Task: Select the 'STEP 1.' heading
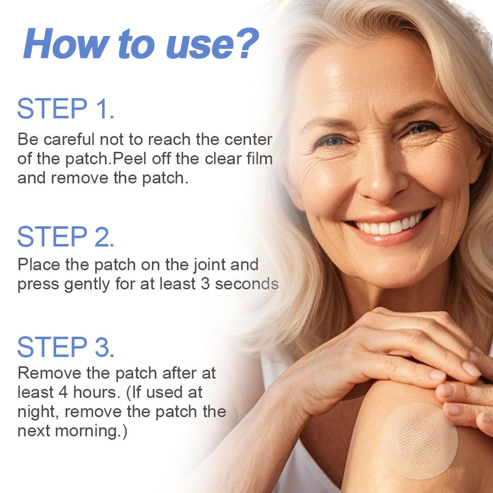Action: point(66,110)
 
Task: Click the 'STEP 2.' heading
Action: point(66,237)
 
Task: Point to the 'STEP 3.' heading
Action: point(66,347)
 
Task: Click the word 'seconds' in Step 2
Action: point(247,284)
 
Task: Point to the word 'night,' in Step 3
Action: point(38,412)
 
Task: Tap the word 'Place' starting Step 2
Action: point(39,264)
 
